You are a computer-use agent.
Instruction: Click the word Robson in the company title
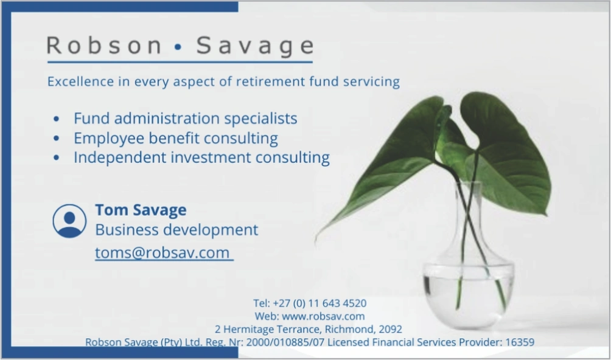pos(104,45)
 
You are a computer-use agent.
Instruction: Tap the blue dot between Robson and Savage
pos(178,47)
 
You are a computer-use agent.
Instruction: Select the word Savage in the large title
pos(255,46)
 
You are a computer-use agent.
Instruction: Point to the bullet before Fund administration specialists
pos(57,119)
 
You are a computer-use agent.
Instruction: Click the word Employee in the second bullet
pos(109,139)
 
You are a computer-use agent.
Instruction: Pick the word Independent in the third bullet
pos(120,157)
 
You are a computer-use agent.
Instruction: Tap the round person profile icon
pos(69,221)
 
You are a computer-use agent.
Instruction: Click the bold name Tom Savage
pos(141,210)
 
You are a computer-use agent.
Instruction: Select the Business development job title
pos(176,230)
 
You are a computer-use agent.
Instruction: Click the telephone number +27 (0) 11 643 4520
pos(319,303)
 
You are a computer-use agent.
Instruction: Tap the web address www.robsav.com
pos(323,316)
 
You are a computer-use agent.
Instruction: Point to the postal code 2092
pos(390,329)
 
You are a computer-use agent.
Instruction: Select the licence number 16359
pos(520,342)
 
